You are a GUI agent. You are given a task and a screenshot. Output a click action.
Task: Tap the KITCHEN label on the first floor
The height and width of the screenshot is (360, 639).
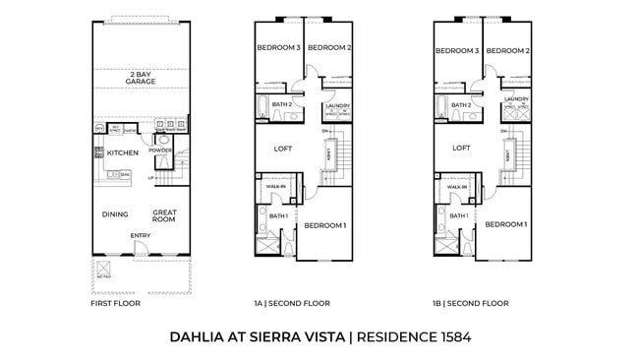123,152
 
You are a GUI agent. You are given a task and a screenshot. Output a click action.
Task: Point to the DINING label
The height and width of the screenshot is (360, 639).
116,213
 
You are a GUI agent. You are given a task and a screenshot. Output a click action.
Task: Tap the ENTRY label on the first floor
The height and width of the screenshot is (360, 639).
141,236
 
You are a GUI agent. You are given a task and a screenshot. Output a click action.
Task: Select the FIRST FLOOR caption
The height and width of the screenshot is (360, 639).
115,304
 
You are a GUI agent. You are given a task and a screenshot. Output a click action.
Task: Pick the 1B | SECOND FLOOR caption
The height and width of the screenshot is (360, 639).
473,304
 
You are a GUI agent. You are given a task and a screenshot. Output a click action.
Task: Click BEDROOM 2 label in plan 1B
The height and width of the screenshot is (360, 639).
508,50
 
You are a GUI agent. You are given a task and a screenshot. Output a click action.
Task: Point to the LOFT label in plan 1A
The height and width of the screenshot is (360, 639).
282,149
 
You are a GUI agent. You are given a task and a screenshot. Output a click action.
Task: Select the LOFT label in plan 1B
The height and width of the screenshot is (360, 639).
461,149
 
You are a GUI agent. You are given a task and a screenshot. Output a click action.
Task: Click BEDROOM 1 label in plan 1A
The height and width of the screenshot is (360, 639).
324,225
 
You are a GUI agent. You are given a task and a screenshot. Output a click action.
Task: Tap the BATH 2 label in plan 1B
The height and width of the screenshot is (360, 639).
461,104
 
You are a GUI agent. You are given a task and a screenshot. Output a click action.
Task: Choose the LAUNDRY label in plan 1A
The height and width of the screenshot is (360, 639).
337,105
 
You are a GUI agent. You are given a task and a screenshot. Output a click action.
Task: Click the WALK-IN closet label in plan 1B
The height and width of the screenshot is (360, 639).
455,186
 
